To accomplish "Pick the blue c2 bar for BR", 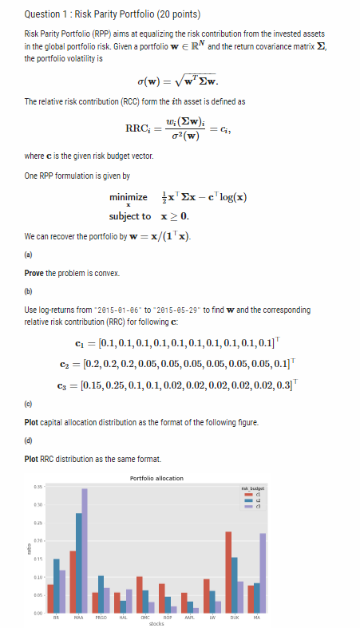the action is tap(57, 583).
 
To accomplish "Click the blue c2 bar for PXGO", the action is tap(101, 591).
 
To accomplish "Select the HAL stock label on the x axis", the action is tap(123, 617).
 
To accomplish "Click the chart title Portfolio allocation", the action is tap(156, 477).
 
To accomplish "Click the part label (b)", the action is tap(29, 292).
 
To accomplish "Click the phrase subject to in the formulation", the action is tap(130, 216).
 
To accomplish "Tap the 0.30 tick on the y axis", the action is tap(38, 504).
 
